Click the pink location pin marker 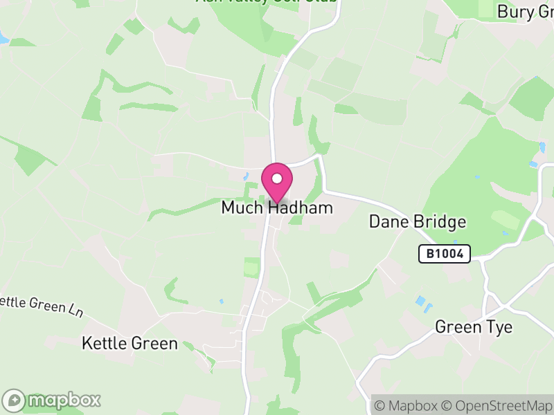(x=277, y=183)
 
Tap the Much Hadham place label (x=277, y=207)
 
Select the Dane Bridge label (x=417, y=222)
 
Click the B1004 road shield (x=445, y=254)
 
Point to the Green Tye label (x=474, y=326)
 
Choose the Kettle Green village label (x=129, y=343)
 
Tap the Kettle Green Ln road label (x=42, y=305)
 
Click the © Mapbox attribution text (x=404, y=405)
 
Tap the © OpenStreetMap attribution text (x=495, y=405)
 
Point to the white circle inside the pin (x=277, y=178)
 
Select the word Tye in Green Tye (x=499, y=326)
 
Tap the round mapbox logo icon (x=15, y=400)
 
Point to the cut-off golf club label (x=267, y=2)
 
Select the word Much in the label (x=242, y=207)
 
